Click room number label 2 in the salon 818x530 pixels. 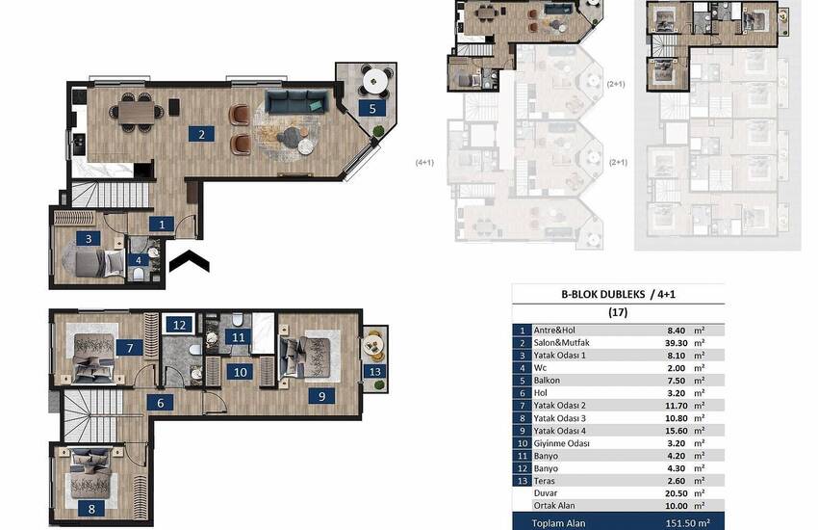click(x=201, y=134)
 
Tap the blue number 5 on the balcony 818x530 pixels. click(x=372, y=108)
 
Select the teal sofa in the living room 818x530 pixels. click(x=296, y=102)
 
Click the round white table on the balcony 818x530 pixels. click(x=375, y=80)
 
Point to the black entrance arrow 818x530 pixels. click(x=189, y=260)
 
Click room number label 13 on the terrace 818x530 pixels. click(x=374, y=371)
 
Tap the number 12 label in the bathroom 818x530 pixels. click(x=179, y=325)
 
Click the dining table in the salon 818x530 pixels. click(x=137, y=112)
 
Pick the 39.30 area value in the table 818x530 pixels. click(x=677, y=343)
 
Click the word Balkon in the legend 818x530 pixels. click(x=547, y=381)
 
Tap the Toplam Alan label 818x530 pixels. click(x=558, y=523)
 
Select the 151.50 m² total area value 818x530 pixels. click(x=687, y=523)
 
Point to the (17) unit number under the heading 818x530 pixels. click(x=618, y=312)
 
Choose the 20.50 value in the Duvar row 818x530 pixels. click(x=677, y=493)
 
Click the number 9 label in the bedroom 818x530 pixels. click(x=321, y=396)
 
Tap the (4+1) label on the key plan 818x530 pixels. click(x=424, y=163)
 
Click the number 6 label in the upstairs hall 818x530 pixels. click(x=160, y=403)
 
